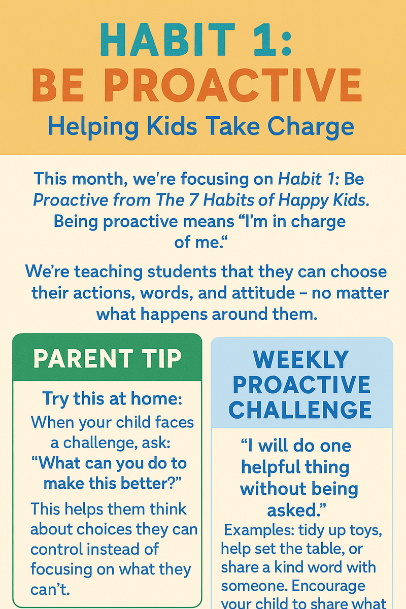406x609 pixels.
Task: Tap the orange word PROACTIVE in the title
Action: pyautogui.click(x=233, y=85)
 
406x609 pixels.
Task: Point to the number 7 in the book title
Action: pyautogui.click(x=195, y=200)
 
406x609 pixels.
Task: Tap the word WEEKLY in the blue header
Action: pyautogui.click(x=301, y=360)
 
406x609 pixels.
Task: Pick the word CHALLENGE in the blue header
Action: pyautogui.click(x=300, y=410)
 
